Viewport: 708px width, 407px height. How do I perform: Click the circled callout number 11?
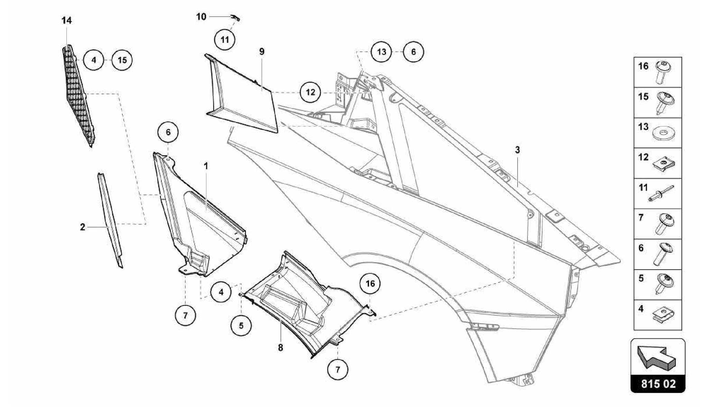pyautogui.click(x=225, y=40)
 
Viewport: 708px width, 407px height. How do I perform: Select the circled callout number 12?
pyautogui.click(x=310, y=92)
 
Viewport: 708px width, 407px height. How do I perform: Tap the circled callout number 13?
pyautogui.click(x=381, y=52)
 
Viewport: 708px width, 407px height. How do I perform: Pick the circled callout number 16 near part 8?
pyautogui.click(x=370, y=284)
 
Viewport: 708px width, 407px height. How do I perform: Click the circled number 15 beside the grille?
pyautogui.click(x=122, y=60)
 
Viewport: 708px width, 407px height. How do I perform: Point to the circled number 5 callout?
pyautogui.click(x=241, y=325)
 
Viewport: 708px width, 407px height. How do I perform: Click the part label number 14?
pyautogui.click(x=67, y=21)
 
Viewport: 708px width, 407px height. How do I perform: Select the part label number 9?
pyautogui.click(x=262, y=52)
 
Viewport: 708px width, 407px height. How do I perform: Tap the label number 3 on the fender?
pyautogui.click(x=517, y=150)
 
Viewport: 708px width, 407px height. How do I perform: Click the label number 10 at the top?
pyautogui.click(x=201, y=17)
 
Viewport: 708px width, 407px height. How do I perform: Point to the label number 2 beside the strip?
pyautogui.click(x=82, y=227)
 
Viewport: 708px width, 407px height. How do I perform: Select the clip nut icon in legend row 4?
pyautogui.click(x=663, y=314)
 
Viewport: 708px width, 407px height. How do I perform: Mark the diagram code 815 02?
pyautogui.click(x=658, y=384)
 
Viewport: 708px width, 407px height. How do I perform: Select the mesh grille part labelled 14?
pyautogui.click(x=79, y=97)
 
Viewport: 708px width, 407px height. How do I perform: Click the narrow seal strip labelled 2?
pyautogui.click(x=110, y=221)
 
